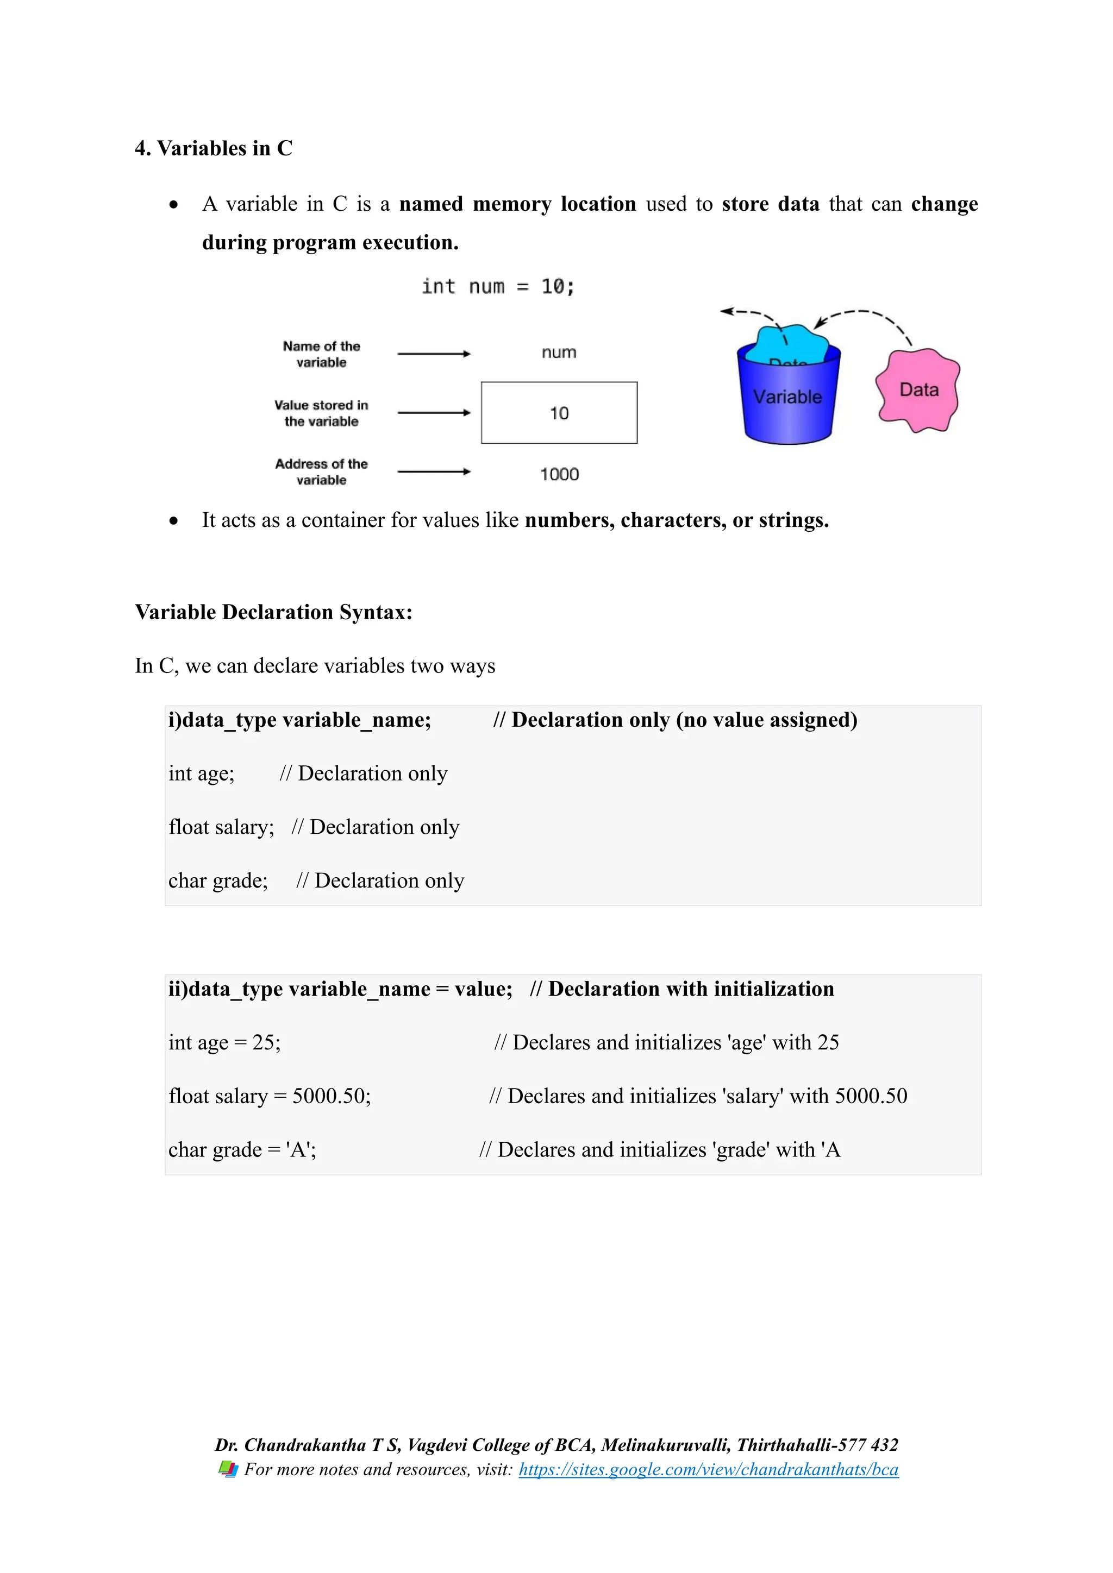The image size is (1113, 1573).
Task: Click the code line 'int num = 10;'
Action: pos(498,286)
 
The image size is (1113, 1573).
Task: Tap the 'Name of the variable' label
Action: pos(321,354)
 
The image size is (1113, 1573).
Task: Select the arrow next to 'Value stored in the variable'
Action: pos(434,412)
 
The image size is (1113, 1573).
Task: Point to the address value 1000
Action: pos(559,474)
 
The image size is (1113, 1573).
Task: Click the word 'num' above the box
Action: pos(559,352)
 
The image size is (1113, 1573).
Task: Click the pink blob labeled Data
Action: pos(918,390)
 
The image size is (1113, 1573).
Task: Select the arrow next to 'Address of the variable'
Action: pos(434,471)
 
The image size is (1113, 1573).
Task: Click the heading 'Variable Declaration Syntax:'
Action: pos(273,612)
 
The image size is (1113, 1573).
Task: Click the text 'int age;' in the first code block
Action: pos(202,773)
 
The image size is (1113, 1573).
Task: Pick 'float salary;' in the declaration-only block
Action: pos(221,827)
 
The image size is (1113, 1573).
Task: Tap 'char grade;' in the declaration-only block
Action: pos(218,880)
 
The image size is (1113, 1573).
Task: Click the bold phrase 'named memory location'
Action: pos(517,204)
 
